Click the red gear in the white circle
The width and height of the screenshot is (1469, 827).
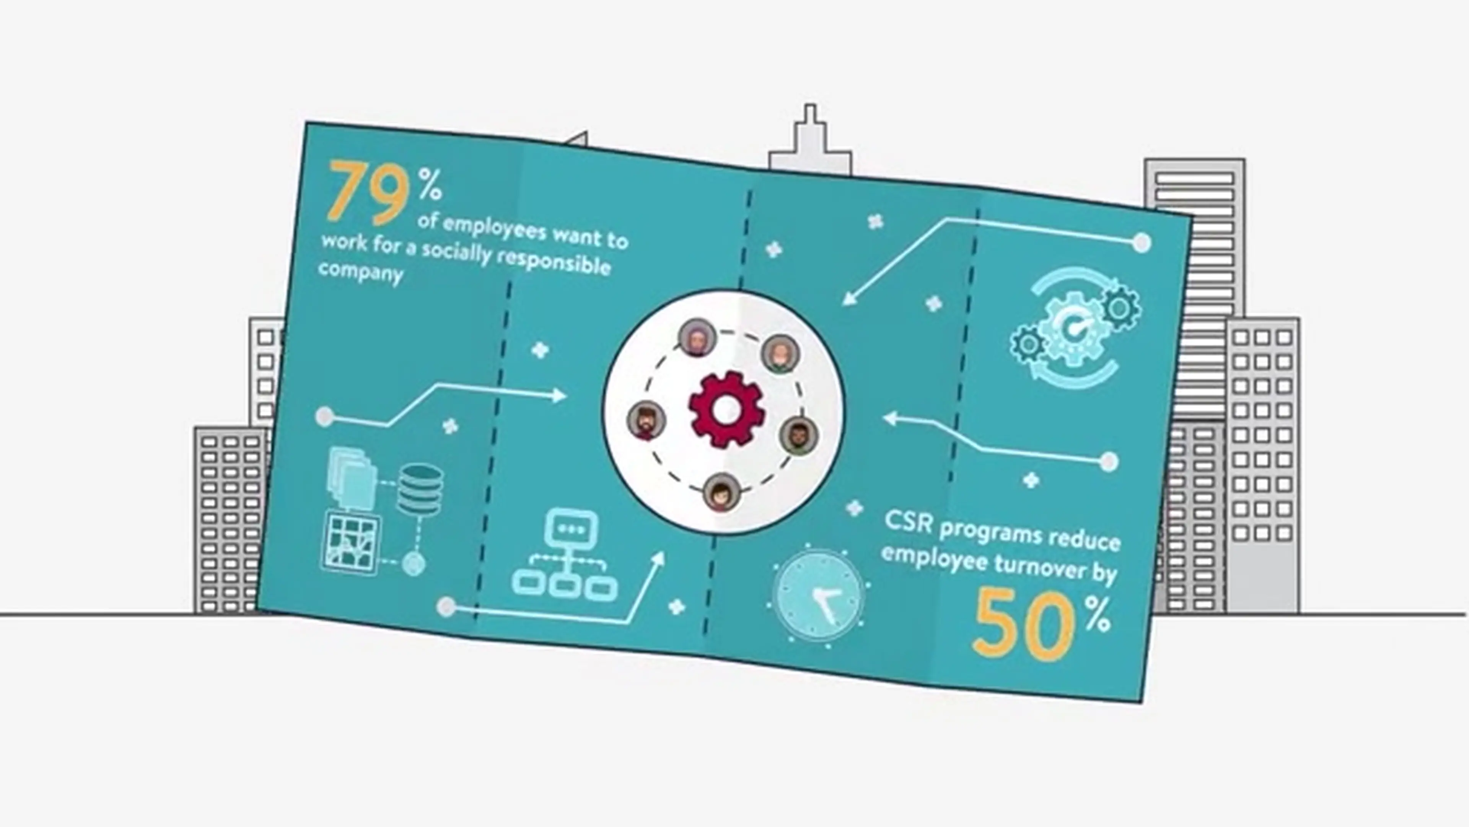point(725,409)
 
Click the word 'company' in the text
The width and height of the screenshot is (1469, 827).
point(360,272)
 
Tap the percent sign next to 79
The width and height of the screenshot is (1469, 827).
point(430,183)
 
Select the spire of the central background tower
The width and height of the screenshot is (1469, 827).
point(810,117)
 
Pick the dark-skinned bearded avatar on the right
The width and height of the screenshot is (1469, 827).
point(798,435)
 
